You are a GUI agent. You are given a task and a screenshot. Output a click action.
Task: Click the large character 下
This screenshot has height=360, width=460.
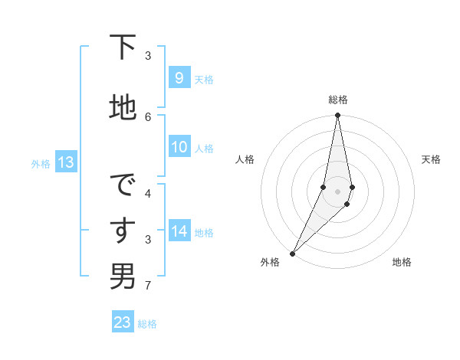point(123,49)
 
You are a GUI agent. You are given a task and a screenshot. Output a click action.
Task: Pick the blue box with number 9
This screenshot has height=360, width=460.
point(179,78)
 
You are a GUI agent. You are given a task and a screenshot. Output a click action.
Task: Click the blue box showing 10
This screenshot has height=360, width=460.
point(179,147)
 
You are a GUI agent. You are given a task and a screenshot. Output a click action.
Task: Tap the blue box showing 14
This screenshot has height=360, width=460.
point(179,232)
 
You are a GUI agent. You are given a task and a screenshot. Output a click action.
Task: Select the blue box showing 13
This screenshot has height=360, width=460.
point(65,162)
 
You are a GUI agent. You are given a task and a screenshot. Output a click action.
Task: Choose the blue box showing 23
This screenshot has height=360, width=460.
point(122,322)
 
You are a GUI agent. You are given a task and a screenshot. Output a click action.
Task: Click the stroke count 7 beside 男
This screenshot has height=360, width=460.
point(148,286)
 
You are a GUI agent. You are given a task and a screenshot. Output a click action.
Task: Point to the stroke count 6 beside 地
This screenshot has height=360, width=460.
point(148,116)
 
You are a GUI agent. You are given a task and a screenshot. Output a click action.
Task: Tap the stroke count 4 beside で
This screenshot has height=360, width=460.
point(148,193)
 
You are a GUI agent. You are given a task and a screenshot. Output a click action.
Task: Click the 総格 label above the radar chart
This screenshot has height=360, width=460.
point(338,100)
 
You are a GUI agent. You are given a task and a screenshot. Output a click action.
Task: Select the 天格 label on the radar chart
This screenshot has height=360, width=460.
point(431,159)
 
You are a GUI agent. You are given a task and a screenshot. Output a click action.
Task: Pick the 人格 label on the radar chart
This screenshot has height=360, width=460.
point(245,159)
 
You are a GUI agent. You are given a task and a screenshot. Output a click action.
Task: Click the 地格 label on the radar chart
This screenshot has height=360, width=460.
point(402,262)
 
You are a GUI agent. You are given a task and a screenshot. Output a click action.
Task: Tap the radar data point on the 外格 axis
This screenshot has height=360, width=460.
point(292,253)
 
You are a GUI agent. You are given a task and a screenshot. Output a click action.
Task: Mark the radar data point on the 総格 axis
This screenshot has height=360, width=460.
point(337,116)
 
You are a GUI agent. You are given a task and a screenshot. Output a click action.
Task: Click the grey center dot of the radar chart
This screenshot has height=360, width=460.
point(337,191)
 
